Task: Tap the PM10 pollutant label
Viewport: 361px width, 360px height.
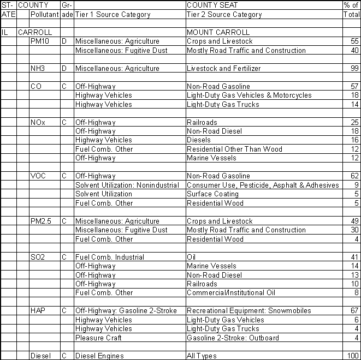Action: pos(40,41)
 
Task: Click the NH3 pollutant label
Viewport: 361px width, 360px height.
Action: pos(38,69)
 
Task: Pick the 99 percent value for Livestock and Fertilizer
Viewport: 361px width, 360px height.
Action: pos(354,69)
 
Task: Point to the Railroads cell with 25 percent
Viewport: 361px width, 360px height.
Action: pos(202,122)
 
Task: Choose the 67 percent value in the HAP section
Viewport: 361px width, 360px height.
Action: pos(354,311)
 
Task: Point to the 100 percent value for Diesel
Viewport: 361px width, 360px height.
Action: pos(352,356)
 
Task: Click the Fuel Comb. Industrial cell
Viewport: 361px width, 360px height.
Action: pos(109,257)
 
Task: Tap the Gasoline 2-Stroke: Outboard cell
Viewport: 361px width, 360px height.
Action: pos(233,338)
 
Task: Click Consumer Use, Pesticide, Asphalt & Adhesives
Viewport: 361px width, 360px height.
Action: pos(263,185)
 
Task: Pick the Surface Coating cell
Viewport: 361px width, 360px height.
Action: pos(210,194)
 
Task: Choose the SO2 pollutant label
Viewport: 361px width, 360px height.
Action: pos(39,257)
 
